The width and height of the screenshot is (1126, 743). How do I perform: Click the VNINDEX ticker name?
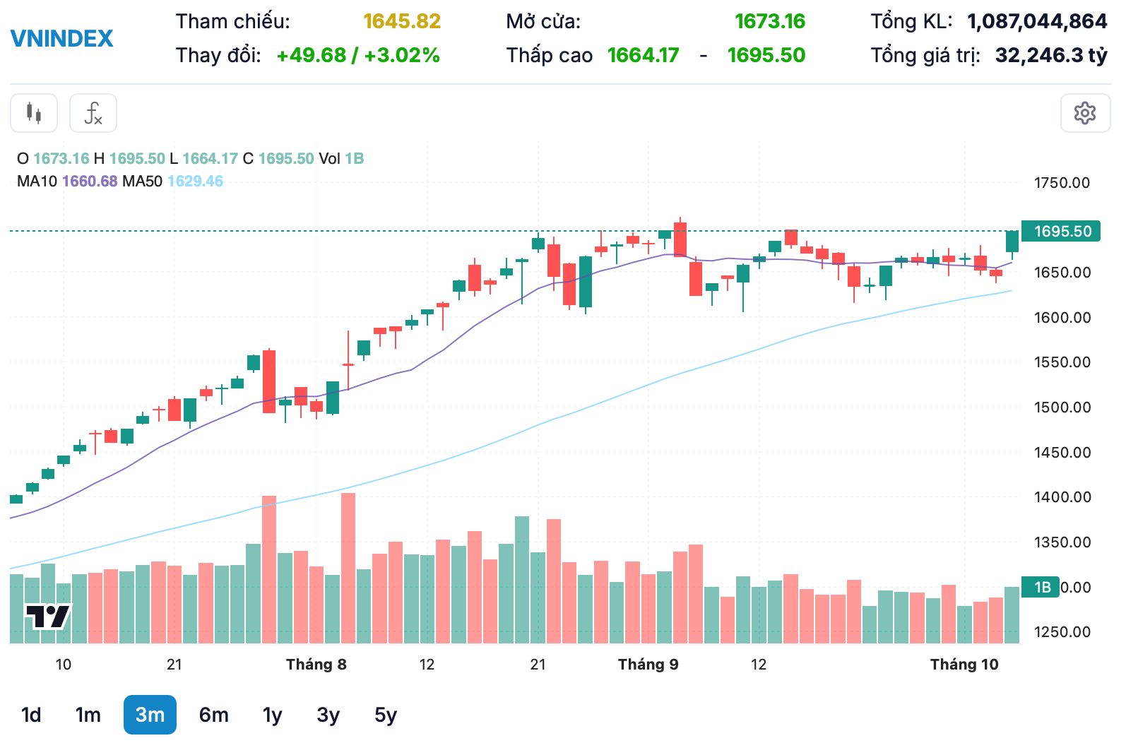coord(61,38)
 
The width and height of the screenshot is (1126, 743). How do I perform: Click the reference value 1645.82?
coord(402,21)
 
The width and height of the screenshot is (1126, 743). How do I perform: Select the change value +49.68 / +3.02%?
coord(358,55)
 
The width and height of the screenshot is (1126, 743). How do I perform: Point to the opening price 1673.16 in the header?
coord(769,21)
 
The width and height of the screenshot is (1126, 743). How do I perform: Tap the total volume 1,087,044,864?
coord(1036,21)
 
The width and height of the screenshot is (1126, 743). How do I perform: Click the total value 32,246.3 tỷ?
coord(1050,55)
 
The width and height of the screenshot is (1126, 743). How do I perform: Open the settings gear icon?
coord(1084,113)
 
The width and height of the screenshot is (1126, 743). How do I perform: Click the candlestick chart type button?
coord(34,113)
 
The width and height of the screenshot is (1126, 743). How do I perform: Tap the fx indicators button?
coord(93,113)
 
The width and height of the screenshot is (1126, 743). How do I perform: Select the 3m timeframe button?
coord(150,715)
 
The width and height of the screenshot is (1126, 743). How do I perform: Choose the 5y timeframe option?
coord(385,715)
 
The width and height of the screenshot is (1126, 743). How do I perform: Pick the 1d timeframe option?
coord(31,715)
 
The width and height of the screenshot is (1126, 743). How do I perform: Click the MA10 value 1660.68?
coord(90,182)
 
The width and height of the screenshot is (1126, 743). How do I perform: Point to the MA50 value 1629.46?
coord(195,182)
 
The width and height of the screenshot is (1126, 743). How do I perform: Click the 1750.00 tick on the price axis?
coord(1062,183)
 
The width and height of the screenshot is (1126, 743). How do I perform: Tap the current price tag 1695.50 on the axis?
coord(1061,232)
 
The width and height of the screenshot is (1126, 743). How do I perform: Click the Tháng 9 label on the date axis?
coord(648,665)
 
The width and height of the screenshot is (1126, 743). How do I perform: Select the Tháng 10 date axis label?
coord(964,665)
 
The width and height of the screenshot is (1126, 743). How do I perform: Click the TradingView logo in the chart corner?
coord(48,617)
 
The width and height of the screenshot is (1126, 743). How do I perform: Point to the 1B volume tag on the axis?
coord(1042,587)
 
